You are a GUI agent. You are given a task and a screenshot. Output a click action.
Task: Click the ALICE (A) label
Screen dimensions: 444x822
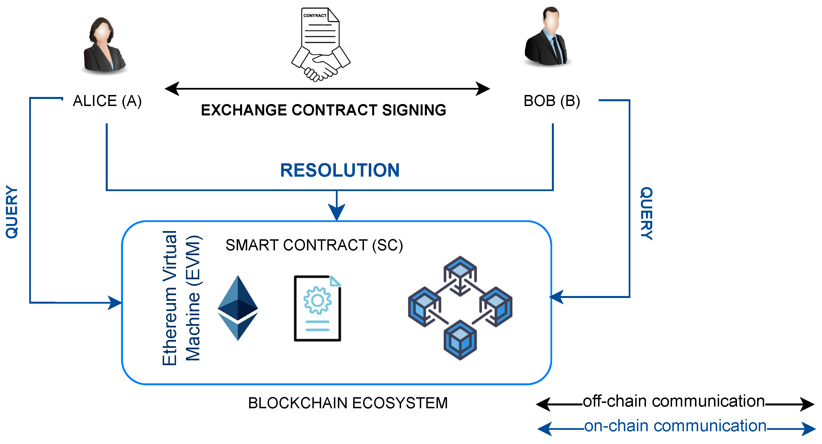coord(107,101)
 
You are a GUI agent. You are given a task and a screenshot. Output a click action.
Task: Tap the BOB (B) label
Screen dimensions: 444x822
coord(552,101)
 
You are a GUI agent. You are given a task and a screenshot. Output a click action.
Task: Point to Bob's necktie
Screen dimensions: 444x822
coord(557,50)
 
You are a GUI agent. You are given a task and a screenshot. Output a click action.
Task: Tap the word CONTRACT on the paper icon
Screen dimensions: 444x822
coord(315,15)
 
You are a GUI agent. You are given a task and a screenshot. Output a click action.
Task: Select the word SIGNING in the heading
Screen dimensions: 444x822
coord(414,110)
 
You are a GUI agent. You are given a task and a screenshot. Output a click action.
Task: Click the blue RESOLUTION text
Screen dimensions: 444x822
coord(340,170)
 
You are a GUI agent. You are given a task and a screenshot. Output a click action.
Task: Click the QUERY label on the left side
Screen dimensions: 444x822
coord(12,212)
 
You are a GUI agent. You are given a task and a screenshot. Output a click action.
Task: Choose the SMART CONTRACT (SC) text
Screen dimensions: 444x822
coord(314,245)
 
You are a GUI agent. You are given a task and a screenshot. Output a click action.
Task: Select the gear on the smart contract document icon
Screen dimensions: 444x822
coord(317,300)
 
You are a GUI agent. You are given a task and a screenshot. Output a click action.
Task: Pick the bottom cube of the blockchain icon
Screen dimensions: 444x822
coord(460,340)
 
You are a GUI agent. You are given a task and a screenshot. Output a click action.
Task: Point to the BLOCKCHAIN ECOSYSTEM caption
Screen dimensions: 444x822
coord(348,403)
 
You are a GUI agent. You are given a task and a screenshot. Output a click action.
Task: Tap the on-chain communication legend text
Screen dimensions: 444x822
coord(675,426)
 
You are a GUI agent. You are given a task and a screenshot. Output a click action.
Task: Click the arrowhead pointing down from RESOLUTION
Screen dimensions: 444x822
coord(337,212)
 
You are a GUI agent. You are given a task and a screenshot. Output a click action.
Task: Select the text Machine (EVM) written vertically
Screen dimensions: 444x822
coord(193,299)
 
